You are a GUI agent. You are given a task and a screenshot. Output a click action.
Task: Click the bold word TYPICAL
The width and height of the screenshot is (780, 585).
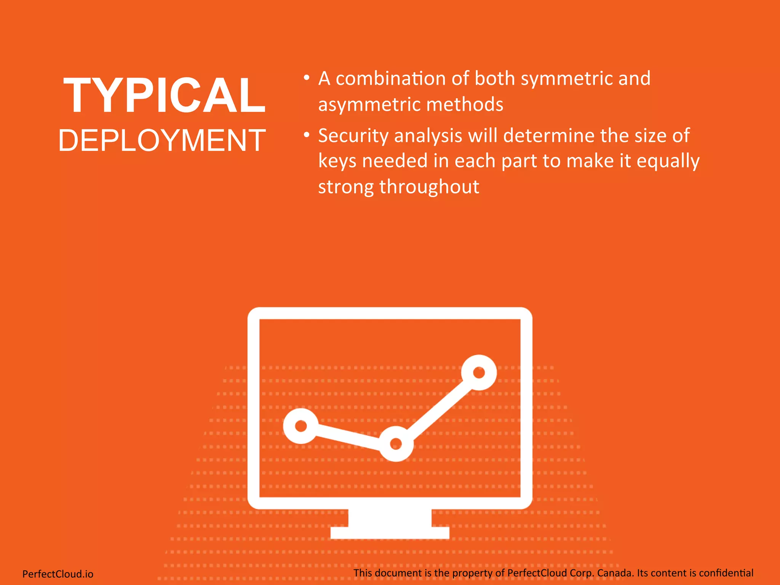[x=164, y=95]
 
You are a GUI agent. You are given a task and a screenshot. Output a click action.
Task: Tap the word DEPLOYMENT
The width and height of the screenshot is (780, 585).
[x=162, y=141]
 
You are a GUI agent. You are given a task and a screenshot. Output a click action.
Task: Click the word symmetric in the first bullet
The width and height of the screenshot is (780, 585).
[x=566, y=79]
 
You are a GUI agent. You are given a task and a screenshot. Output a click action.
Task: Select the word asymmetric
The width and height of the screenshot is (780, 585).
[x=369, y=105]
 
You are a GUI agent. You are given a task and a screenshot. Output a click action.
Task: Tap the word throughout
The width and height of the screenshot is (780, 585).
[x=429, y=187]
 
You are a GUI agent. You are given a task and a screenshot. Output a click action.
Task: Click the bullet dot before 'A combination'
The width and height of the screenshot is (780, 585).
[x=307, y=78]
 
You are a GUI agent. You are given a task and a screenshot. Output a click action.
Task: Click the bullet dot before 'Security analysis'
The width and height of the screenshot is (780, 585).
[x=307, y=135]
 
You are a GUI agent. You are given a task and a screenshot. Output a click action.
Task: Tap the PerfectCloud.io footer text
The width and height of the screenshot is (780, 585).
[x=58, y=574]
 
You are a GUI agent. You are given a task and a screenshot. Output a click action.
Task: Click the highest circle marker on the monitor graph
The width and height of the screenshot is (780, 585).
[x=479, y=372]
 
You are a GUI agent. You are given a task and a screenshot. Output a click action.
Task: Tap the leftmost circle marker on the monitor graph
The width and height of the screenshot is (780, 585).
[x=301, y=425]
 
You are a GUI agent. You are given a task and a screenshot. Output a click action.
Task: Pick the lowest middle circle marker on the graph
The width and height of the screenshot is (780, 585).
[x=396, y=444]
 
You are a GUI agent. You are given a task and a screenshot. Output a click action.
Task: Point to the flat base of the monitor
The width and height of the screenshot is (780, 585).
[x=390, y=533]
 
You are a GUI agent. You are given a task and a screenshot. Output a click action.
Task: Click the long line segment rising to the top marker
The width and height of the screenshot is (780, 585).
[x=438, y=408]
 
